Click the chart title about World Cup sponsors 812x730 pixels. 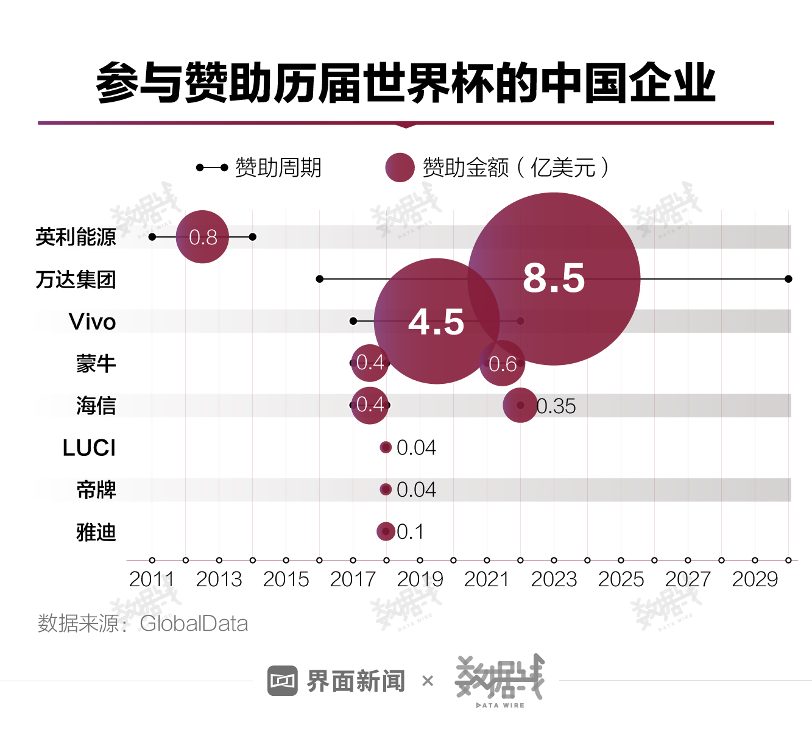[406, 83]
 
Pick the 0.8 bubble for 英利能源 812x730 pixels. [202, 236]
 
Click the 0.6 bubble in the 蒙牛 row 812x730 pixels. [502, 364]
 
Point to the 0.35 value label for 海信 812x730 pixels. [556, 406]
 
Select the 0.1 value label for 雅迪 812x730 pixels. [410, 532]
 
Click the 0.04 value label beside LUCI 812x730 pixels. [416, 448]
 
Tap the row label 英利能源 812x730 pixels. [76, 237]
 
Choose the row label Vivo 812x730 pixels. [92, 322]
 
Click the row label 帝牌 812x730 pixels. [96, 490]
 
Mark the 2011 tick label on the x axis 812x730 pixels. [152, 579]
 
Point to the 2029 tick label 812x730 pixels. [755, 579]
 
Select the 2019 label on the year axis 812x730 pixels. [420, 579]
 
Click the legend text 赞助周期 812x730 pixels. [278, 168]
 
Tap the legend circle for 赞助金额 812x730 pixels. [400, 168]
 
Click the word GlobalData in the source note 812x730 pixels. [194, 623]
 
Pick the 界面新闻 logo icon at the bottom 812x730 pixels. [283, 681]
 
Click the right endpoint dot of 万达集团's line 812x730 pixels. [788, 279]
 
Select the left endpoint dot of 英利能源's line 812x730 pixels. [152, 236]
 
